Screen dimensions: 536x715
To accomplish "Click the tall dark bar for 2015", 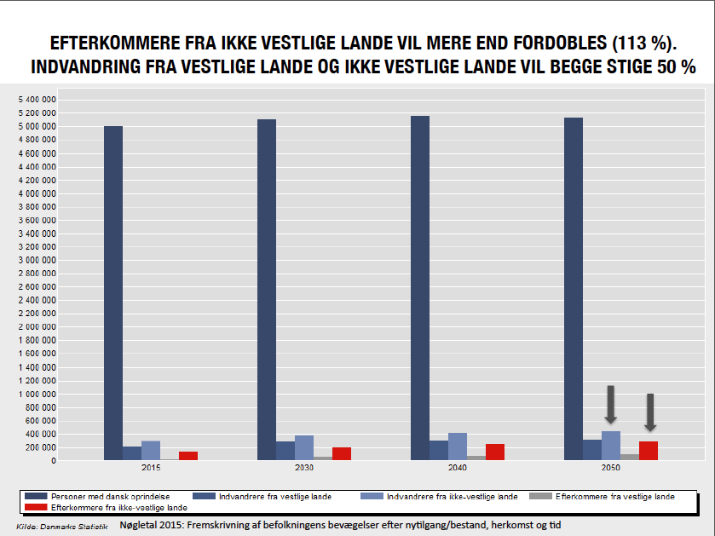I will click(113, 293).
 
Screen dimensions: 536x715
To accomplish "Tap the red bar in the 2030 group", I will click(342, 453).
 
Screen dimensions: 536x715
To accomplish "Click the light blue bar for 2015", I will click(151, 450).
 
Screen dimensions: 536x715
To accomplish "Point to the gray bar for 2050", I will click(629, 457).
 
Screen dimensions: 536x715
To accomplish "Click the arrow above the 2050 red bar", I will click(649, 412).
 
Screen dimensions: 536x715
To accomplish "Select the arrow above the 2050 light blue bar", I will click(610, 405).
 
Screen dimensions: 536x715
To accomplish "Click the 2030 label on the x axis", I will click(305, 468).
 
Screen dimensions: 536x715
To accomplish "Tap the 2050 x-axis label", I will click(611, 468).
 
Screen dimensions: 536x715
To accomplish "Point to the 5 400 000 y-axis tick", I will click(37, 100).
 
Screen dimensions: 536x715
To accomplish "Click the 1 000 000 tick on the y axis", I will click(37, 394).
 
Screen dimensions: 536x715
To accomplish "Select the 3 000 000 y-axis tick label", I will click(37, 260).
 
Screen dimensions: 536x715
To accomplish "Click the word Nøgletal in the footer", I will click(141, 526).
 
